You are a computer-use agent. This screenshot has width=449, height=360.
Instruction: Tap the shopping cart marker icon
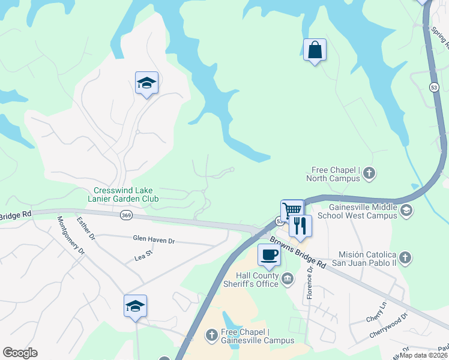tap(292, 211)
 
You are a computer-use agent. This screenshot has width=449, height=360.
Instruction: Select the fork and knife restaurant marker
tap(300, 226)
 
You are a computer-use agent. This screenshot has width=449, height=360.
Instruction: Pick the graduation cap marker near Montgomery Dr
tap(135, 306)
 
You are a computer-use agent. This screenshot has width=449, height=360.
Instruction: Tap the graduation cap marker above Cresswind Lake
tap(146, 83)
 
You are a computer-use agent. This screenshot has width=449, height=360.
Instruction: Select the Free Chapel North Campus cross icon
tap(369, 174)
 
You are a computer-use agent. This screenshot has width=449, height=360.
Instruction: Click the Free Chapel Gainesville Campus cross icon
tap(211, 335)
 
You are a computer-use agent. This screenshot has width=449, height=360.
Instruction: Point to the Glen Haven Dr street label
tap(154, 240)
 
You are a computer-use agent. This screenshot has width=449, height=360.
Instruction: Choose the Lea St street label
tap(144, 257)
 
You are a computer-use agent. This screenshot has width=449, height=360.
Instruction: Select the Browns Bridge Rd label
tap(297, 252)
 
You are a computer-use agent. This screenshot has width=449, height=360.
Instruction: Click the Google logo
tap(20, 352)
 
